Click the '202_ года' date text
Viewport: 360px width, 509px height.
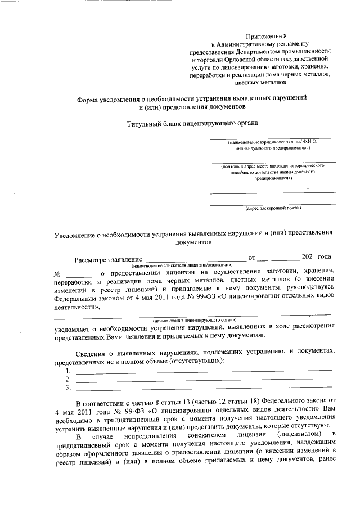(316, 257)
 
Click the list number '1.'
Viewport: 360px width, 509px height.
(67, 372)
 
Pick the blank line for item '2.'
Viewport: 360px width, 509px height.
(203, 380)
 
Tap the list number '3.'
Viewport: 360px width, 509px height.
(67, 388)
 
